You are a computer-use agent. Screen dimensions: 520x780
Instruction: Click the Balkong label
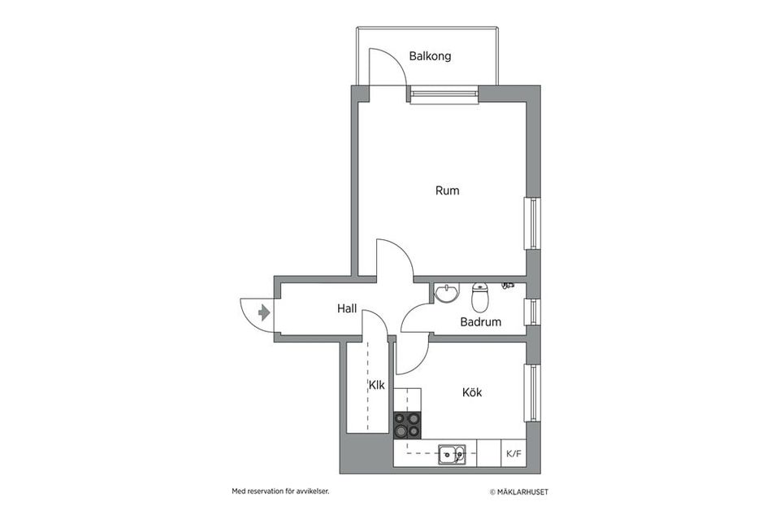[430, 57]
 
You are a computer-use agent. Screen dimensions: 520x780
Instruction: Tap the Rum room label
[447, 191]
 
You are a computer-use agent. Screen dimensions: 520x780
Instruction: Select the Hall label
[347, 309]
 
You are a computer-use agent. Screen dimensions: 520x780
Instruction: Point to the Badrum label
[480, 322]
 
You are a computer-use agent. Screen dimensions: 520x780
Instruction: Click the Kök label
[472, 392]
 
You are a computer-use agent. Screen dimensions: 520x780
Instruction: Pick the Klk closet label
[376, 385]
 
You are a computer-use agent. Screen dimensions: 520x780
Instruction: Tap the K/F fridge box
[513, 453]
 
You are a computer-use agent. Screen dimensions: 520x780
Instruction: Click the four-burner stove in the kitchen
[408, 425]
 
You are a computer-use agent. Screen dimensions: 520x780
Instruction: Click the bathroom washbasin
[446, 292]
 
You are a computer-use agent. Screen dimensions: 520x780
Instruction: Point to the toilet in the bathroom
[480, 298]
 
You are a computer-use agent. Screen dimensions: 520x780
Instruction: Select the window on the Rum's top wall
[444, 96]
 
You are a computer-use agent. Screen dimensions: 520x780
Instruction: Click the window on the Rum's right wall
[533, 222]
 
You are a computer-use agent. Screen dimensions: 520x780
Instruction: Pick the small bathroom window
[533, 312]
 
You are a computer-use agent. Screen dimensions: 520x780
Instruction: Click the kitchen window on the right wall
[533, 392]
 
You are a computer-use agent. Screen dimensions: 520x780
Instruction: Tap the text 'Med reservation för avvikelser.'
[280, 492]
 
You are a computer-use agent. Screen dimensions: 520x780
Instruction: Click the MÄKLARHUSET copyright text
[524, 492]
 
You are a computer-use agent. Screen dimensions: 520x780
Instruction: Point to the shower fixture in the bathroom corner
[508, 286]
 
